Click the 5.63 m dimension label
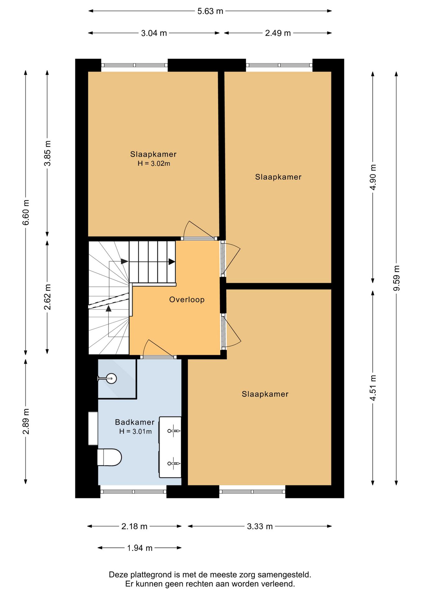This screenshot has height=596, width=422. click(210, 11)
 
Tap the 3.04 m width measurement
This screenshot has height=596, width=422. click(154, 33)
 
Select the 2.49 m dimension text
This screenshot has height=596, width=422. click(278, 33)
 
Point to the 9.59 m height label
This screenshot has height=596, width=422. click(397, 278)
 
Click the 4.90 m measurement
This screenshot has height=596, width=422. click(373, 177)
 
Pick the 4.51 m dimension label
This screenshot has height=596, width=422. click(373, 388)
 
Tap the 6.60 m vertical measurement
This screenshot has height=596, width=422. click(26, 213)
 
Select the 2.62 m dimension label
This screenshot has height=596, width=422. click(47, 297)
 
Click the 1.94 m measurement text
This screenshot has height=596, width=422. click(140, 548)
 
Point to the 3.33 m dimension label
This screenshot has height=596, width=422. click(260, 526)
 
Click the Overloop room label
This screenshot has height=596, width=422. click(187, 300)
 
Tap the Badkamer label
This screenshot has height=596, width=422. click(135, 422)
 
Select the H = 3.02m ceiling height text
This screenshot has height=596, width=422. click(154, 164)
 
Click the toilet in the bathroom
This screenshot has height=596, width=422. click(109, 457)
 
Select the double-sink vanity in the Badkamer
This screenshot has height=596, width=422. click(170, 447)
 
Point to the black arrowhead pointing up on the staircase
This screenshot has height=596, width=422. click(108, 308)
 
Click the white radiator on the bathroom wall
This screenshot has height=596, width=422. click(93, 428)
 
